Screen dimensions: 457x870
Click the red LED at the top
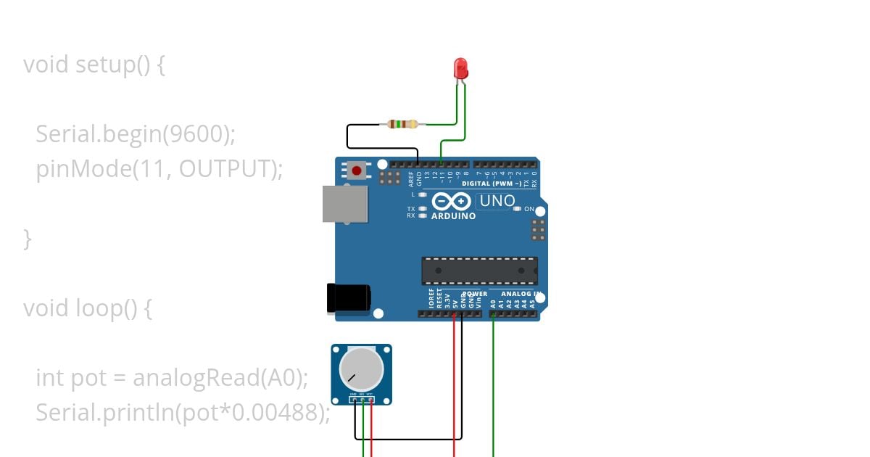coord(460,69)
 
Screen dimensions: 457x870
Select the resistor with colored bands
coord(403,124)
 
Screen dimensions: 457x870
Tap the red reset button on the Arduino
coord(357,171)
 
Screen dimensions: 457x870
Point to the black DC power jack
coord(348,298)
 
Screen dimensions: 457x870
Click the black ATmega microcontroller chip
coord(479,271)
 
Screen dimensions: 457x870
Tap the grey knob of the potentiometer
coord(361,368)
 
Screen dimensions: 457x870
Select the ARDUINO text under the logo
coord(454,216)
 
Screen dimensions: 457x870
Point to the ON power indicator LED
coord(517,209)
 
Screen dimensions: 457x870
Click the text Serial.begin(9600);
coord(136,133)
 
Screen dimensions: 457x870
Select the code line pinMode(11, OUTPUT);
coord(159,169)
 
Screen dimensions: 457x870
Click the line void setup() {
coord(94,65)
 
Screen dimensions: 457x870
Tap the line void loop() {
coord(88,308)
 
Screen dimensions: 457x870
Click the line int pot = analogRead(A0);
coord(172,378)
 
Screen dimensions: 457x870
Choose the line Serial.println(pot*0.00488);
coord(183,412)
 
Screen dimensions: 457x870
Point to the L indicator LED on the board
coord(422,194)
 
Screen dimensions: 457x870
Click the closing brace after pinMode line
coord(28,238)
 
